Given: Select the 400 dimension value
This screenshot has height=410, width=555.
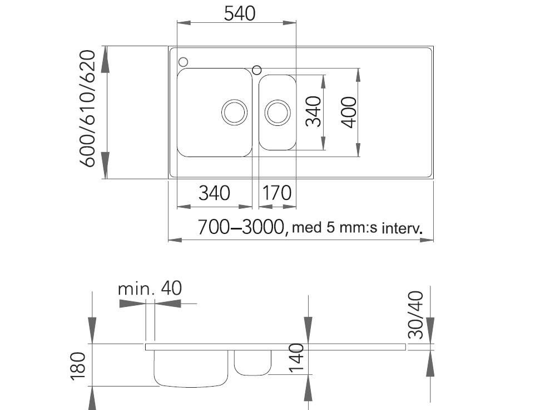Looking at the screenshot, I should [x=349, y=111].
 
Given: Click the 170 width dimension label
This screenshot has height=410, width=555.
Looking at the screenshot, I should [x=276, y=193].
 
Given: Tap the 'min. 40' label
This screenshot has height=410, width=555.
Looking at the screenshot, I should [x=150, y=289].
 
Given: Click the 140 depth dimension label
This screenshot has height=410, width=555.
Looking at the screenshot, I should [x=297, y=357].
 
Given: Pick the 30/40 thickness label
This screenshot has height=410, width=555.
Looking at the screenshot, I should [x=416, y=314].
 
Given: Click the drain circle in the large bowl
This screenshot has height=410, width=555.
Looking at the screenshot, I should [x=234, y=112].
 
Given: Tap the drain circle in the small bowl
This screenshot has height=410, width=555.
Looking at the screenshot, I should [x=277, y=112].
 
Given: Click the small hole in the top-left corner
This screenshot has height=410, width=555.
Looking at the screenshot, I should [x=183, y=61].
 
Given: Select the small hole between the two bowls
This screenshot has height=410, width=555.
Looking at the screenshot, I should [x=256, y=70].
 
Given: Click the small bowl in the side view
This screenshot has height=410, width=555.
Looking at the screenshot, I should [x=252, y=362].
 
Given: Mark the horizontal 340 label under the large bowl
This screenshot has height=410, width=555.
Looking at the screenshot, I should [x=214, y=193].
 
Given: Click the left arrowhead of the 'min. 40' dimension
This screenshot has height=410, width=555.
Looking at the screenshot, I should [x=131, y=304].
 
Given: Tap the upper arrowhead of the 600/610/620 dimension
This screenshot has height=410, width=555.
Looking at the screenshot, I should [x=106, y=58].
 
